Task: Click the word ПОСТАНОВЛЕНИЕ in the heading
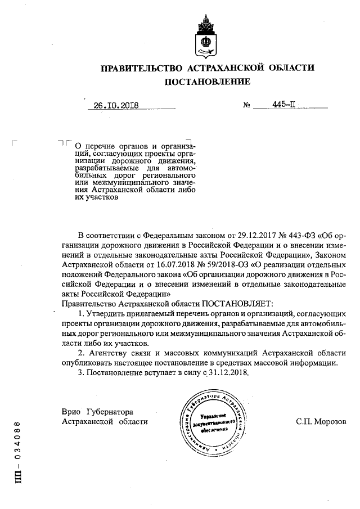tap(207, 82)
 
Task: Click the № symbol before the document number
tap(246, 105)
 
